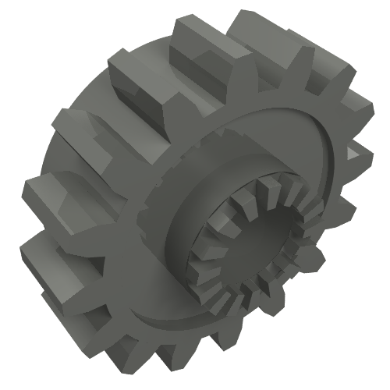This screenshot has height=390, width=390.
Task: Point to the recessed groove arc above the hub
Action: tap(257, 129)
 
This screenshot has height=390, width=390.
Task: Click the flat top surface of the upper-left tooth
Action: tap(140, 62)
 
